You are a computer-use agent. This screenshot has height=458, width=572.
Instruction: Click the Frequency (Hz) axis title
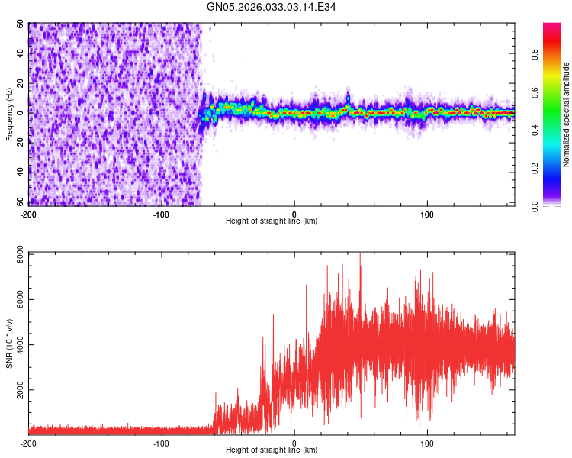tap(9, 114)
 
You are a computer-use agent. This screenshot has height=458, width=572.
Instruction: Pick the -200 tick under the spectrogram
tap(28, 213)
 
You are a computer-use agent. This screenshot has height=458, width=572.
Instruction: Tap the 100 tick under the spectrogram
tap(427, 213)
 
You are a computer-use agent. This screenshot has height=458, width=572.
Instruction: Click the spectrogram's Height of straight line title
tap(272, 221)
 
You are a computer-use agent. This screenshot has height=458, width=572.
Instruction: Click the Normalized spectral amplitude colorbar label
tap(567, 114)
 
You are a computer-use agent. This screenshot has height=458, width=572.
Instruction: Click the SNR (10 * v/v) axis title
tap(9, 343)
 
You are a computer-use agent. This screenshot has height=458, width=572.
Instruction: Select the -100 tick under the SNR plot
tap(161, 443)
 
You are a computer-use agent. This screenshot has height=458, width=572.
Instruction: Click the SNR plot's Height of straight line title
tap(272, 450)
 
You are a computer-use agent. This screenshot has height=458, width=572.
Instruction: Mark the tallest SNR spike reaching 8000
tap(360, 254)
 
